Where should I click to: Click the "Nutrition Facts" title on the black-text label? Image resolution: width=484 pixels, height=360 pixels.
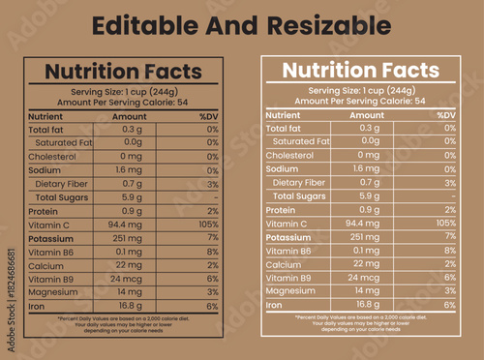click(x=124, y=72)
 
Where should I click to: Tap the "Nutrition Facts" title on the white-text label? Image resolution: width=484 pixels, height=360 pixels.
click(x=359, y=71)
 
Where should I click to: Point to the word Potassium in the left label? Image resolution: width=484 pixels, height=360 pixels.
click(x=53, y=238)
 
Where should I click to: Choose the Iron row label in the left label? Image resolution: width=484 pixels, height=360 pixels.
click(x=38, y=306)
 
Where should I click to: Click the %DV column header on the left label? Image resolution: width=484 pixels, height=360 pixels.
click(x=208, y=116)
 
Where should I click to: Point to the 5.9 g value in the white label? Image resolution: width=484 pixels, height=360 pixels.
click(x=369, y=195)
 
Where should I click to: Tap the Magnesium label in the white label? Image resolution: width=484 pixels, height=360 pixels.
click(x=290, y=290)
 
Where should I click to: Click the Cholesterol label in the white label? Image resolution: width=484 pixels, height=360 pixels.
click(x=289, y=155)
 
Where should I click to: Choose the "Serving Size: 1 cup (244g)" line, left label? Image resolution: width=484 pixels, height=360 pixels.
click(x=123, y=91)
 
